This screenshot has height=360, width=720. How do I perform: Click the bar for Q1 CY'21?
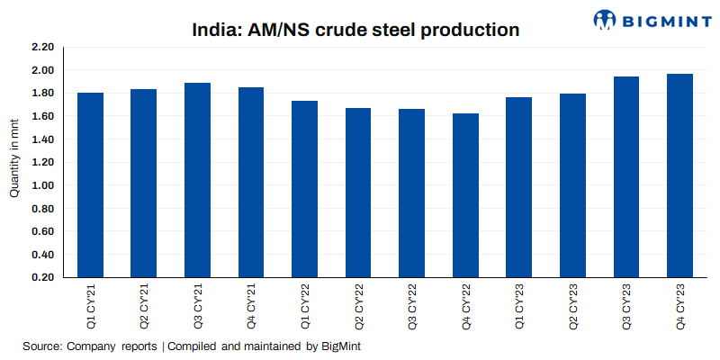(90, 184)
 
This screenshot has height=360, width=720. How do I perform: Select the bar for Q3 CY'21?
(197, 180)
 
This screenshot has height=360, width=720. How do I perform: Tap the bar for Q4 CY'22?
(465, 195)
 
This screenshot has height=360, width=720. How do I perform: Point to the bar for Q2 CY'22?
(358, 193)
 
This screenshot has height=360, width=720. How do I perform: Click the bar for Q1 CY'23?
(519, 187)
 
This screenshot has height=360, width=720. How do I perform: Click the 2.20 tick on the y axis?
(42, 47)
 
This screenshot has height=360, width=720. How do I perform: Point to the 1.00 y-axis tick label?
(42, 185)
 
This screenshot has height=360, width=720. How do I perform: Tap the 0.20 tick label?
(42, 277)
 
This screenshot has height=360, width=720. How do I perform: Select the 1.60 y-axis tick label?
(42, 116)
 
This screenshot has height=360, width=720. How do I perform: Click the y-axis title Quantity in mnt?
(14, 162)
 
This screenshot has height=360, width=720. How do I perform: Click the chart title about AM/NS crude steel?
(355, 29)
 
